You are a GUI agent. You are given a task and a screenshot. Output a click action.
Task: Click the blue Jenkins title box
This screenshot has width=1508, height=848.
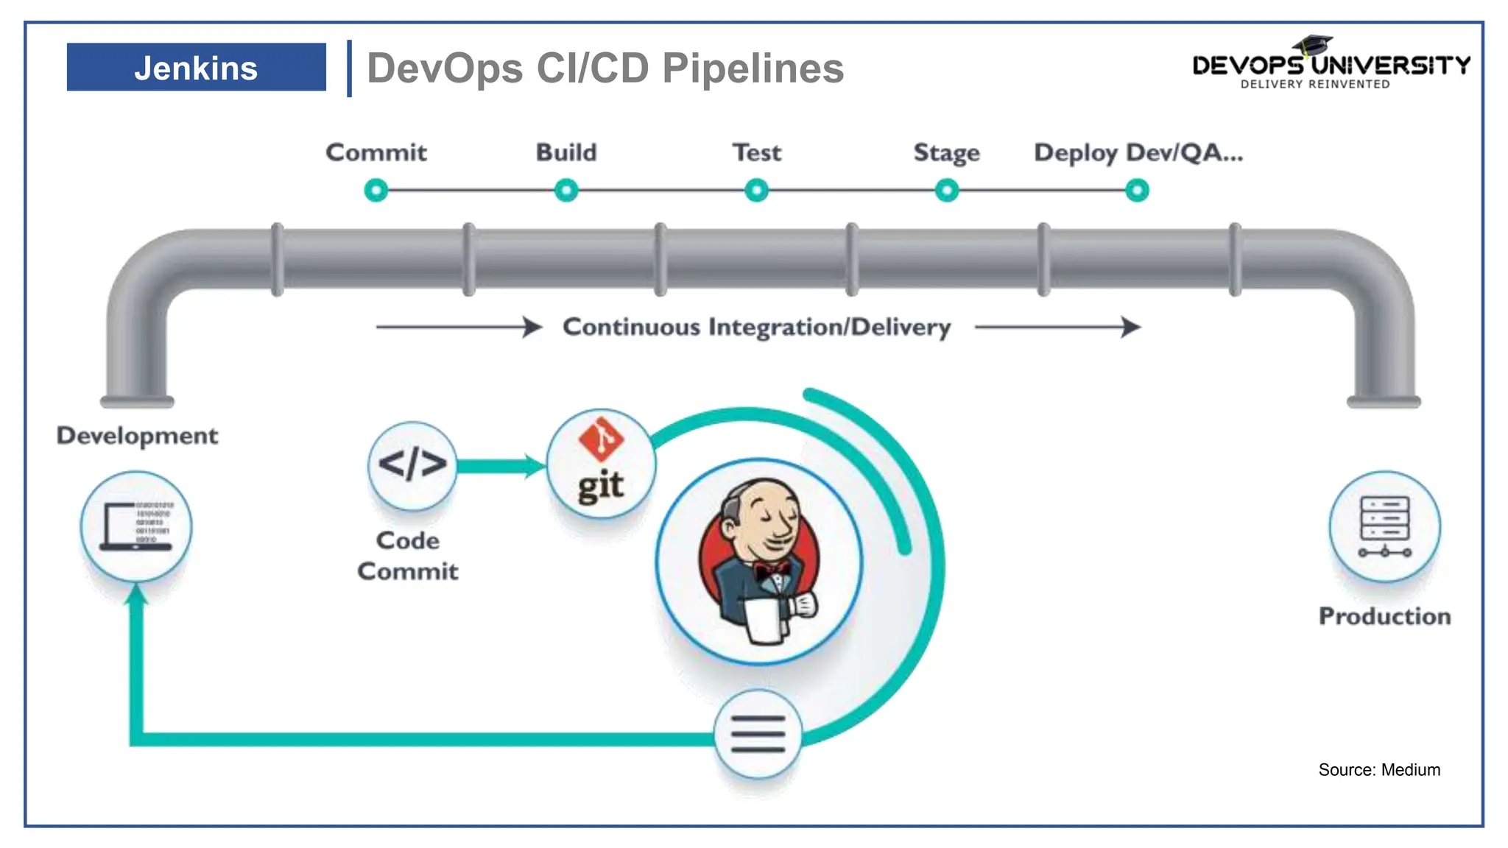(x=196, y=67)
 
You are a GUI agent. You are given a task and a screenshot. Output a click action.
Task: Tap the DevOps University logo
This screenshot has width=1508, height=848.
(x=1330, y=65)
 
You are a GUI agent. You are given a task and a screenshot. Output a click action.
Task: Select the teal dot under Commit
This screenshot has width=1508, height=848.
(x=376, y=191)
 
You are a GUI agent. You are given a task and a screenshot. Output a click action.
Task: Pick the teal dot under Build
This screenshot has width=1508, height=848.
(x=566, y=191)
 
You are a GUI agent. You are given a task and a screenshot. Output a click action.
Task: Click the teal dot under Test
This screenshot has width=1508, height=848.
(x=756, y=191)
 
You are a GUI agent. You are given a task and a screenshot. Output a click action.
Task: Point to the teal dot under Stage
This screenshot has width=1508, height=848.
(x=947, y=191)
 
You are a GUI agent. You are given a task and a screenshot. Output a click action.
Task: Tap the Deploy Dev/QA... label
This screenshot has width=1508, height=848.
(x=1138, y=152)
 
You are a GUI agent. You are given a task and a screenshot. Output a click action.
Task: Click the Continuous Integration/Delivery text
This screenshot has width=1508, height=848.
(x=756, y=327)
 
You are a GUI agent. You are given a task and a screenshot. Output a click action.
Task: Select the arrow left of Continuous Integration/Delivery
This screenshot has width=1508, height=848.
(x=458, y=327)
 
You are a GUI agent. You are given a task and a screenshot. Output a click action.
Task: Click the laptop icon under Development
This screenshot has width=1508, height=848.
(x=136, y=527)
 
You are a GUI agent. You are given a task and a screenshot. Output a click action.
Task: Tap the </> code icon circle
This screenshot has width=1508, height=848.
(x=412, y=465)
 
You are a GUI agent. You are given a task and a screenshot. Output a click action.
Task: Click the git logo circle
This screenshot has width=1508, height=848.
(x=601, y=464)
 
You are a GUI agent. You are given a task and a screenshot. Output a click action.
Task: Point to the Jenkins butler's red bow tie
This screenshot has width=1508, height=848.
(x=771, y=569)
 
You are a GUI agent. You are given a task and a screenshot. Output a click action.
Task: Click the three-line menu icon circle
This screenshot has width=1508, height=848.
(x=758, y=734)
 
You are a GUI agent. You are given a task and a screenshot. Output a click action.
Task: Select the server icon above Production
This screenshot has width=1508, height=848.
(x=1384, y=527)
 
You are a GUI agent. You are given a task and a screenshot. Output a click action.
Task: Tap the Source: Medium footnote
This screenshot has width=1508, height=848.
(x=1378, y=770)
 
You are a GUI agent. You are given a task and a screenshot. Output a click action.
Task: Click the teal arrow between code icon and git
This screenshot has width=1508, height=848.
(x=501, y=466)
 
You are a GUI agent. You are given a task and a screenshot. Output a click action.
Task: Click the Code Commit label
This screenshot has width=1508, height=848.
(x=407, y=556)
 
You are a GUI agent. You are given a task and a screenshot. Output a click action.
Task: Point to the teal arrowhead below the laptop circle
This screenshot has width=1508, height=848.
(x=136, y=595)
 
